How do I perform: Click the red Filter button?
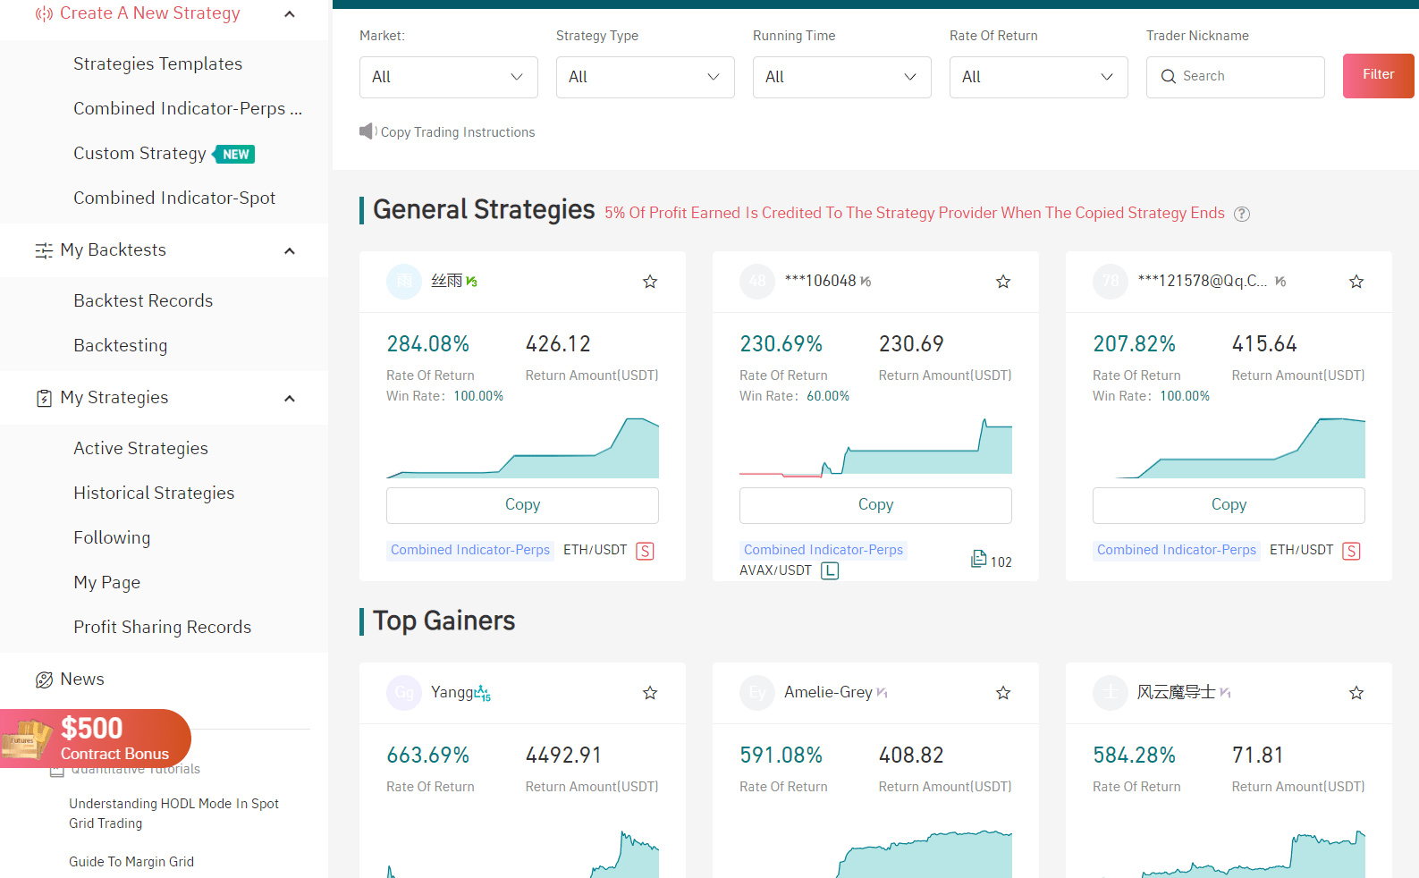[x=1377, y=75]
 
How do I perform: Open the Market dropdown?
[x=448, y=77]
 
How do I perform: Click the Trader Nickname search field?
[x=1243, y=77]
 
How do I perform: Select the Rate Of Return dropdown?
[x=1037, y=77]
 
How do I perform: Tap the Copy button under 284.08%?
[x=522, y=505]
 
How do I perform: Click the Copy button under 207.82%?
[x=1228, y=505]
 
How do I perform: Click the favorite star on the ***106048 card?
[x=1003, y=282]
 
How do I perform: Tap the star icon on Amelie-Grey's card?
[x=1003, y=693]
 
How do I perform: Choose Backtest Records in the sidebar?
[x=143, y=301]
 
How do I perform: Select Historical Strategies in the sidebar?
[x=154, y=494]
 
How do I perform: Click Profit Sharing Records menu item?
[x=162, y=628]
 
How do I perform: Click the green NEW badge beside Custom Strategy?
[x=235, y=155]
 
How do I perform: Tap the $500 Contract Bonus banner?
[x=98, y=739]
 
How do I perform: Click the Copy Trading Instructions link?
[x=457, y=132]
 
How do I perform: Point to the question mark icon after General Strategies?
[x=1241, y=214]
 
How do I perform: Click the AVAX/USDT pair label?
[x=775, y=570]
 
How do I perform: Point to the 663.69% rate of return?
[x=427, y=756]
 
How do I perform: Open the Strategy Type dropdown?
[x=645, y=77]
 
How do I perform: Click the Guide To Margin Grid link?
[x=131, y=862]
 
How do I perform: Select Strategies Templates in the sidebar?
[x=157, y=64]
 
